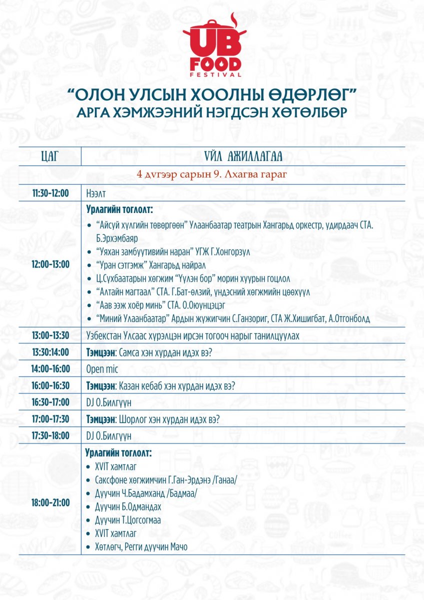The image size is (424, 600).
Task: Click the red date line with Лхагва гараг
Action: point(212,175)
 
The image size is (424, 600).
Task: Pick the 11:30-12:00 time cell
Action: point(50,193)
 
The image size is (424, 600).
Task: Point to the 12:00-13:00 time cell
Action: point(50,264)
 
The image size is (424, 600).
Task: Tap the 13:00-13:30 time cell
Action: point(50,335)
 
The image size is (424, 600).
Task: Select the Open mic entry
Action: point(102,369)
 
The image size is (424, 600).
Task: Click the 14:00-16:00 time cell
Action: point(50,369)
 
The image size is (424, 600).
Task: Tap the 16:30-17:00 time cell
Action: point(50,402)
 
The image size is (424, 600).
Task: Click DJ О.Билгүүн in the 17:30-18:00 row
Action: point(109,436)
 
